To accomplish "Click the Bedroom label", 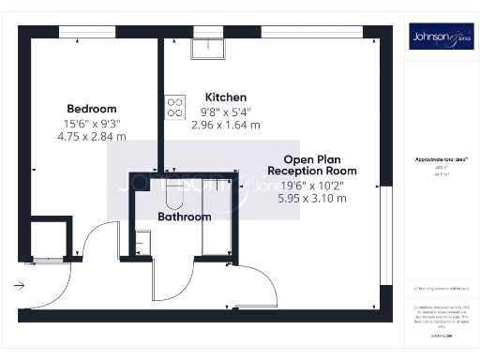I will click(x=90, y=109).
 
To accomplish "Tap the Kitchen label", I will click(x=225, y=97).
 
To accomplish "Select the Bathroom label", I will click(x=184, y=217).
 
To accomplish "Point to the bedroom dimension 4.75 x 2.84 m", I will click(x=91, y=136).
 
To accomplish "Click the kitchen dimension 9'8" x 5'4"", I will click(x=225, y=112).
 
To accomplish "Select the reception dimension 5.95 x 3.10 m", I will click(x=312, y=198).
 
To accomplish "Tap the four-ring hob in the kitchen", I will click(x=174, y=108).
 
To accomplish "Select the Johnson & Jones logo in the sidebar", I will click(x=437, y=38).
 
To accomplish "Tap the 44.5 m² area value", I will click(x=437, y=174).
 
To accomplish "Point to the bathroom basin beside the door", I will click(x=140, y=243).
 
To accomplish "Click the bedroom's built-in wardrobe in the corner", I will click(x=49, y=240).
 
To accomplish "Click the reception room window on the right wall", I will click(x=385, y=234).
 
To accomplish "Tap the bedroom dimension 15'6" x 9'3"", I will click(x=91, y=123).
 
